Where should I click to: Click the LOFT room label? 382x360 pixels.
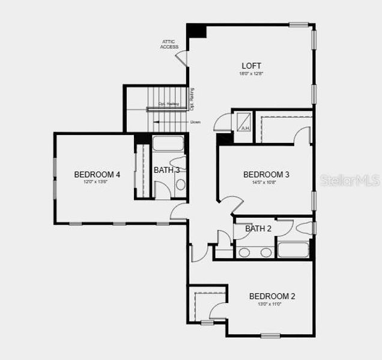252,66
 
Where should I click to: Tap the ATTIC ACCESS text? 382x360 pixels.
169,44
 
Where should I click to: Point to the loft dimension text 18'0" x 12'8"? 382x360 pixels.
252,74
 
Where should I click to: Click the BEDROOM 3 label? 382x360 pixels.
266,175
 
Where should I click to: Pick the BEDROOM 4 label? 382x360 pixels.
97,175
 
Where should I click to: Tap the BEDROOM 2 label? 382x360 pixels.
272,296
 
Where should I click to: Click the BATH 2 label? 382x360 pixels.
258,229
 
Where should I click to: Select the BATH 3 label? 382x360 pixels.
166,170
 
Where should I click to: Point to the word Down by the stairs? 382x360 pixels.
195,122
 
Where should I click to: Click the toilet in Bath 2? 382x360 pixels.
304,229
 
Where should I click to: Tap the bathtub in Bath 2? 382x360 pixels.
293,250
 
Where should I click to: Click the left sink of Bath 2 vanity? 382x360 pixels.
244,252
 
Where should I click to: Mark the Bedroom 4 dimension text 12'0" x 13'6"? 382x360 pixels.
97,182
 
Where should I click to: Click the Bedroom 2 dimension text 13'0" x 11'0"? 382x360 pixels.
269,304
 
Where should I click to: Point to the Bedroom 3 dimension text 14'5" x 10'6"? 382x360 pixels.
264,182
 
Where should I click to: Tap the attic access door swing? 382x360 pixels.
181,57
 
